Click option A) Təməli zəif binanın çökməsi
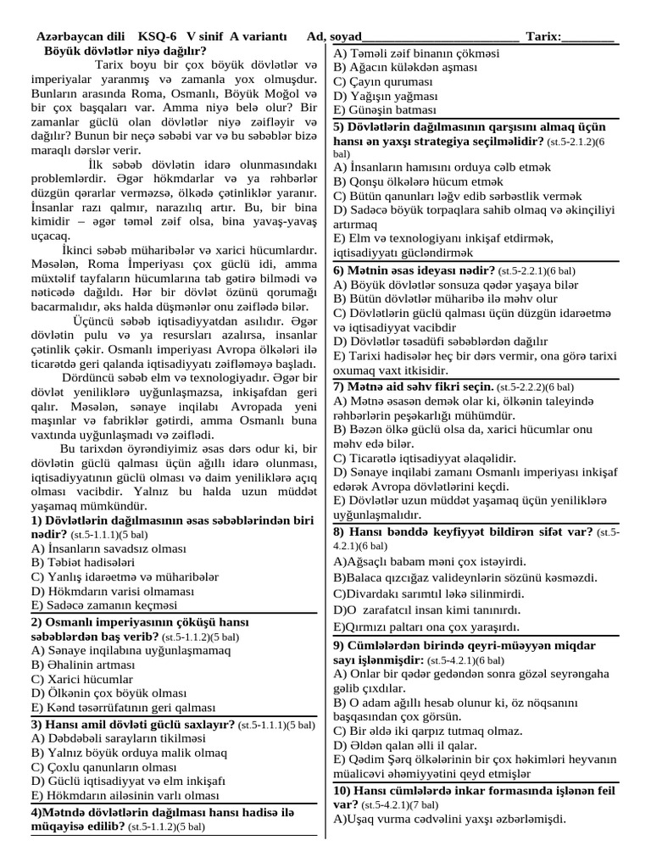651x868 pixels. tap(416, 53)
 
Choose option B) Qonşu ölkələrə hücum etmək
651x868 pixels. tap(418, 181)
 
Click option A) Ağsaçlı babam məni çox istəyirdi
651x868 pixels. tap(430, 561)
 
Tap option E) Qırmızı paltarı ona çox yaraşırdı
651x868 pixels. tap(426, 626)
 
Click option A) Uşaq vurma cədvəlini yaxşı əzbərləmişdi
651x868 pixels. tap(449, 819)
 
